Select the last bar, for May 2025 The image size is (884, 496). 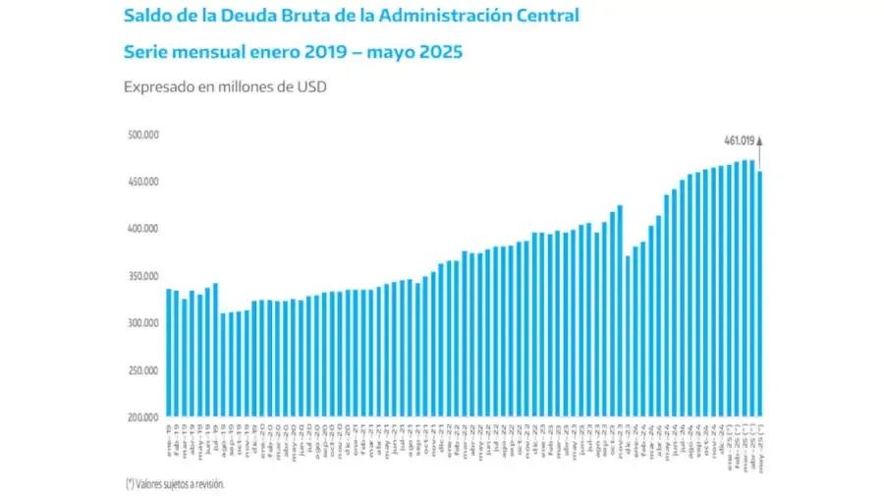coord(759,294)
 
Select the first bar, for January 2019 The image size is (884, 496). coord(168,353)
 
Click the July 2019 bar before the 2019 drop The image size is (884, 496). coord(215,350)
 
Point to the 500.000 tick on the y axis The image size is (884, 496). coord(143,135)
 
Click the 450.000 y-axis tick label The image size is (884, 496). coord(143,182)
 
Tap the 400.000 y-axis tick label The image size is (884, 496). coord(143,229)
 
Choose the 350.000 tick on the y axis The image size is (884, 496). coord(143,276)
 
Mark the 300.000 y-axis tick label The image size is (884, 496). coord(143,323)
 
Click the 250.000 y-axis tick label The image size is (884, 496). coord(143,370)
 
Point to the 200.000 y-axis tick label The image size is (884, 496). coord(143,417)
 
